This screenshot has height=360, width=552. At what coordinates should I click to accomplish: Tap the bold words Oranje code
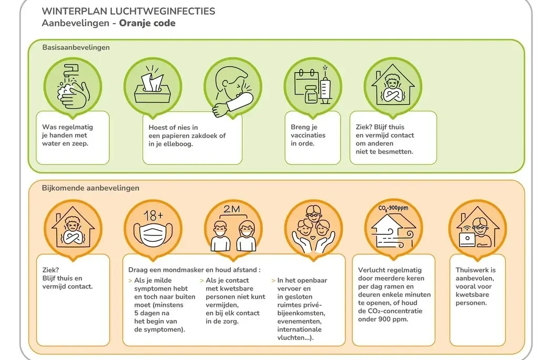[147, 23]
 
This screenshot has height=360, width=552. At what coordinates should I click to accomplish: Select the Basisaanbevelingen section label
[76, 47]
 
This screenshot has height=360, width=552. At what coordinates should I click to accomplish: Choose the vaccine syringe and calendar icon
[313, 87]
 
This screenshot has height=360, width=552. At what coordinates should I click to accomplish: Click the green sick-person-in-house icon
[393, 87]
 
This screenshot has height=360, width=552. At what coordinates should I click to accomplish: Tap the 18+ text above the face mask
[152, 215]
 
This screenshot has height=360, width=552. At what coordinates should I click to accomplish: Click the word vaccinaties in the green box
[308, 135]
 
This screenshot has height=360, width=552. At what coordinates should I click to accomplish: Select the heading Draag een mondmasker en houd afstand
[194, 270]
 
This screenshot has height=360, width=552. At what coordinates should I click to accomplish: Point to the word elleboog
[177, 143]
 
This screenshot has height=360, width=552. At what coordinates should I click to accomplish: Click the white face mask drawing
[152, 234]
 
